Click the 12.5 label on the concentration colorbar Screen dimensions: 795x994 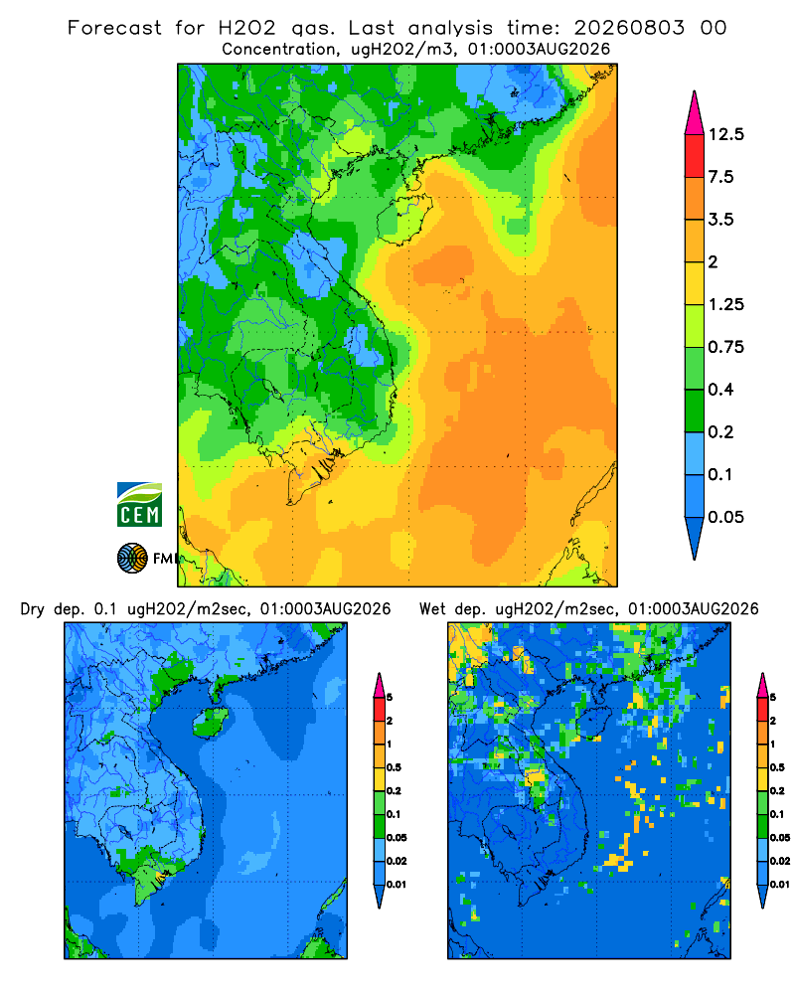tap(725, 134)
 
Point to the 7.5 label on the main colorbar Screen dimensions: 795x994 tap(720, 177)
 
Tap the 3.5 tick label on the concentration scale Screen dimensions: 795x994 tap(720, 220)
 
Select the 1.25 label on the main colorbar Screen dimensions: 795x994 tap(725, 304)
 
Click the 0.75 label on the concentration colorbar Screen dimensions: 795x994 tap(725, 347)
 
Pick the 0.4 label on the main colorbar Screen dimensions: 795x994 tap(720, 390)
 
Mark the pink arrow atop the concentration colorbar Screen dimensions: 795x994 tap(695, 112)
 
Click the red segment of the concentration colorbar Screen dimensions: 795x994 tap(695, 156)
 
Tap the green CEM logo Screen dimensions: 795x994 tap(139, 505)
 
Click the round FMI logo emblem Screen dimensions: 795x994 tap(132, 559)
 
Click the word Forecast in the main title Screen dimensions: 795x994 tap(114, 28)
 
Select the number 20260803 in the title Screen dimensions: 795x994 tap(629, 28)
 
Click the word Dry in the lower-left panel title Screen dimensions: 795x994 tap(33, 609)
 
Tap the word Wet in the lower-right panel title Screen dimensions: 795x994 tap(432, 609)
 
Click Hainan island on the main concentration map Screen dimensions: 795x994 tap(404, 218)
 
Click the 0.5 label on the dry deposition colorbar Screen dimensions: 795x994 tap(394, 767)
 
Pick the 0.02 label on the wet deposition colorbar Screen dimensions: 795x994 tap(780, 861)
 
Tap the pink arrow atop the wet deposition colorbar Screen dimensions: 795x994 tap(762, 685)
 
